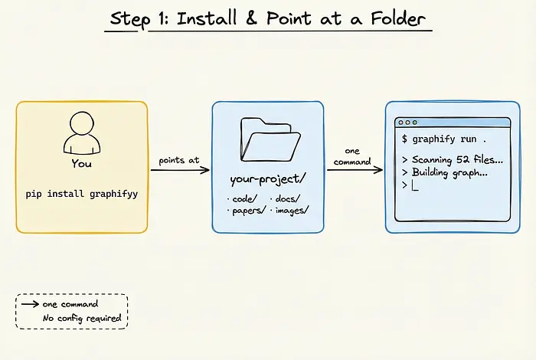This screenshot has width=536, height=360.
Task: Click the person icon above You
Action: point(80,133)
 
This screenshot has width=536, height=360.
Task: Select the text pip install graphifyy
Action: point(80,194)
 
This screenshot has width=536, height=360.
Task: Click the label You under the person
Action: point(80,163)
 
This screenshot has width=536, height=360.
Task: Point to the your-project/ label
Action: point(269,180)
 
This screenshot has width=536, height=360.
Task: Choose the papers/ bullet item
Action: point(246,209)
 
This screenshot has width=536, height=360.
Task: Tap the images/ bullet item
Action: point(289,209)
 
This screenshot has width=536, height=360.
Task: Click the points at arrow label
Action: point(179,161)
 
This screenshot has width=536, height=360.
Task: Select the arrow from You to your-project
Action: point(180,170)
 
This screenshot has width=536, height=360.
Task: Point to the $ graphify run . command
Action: point(443,139)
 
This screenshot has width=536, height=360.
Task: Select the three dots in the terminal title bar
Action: point(407,123)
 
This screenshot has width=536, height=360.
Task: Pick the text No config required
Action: point(80,317)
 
